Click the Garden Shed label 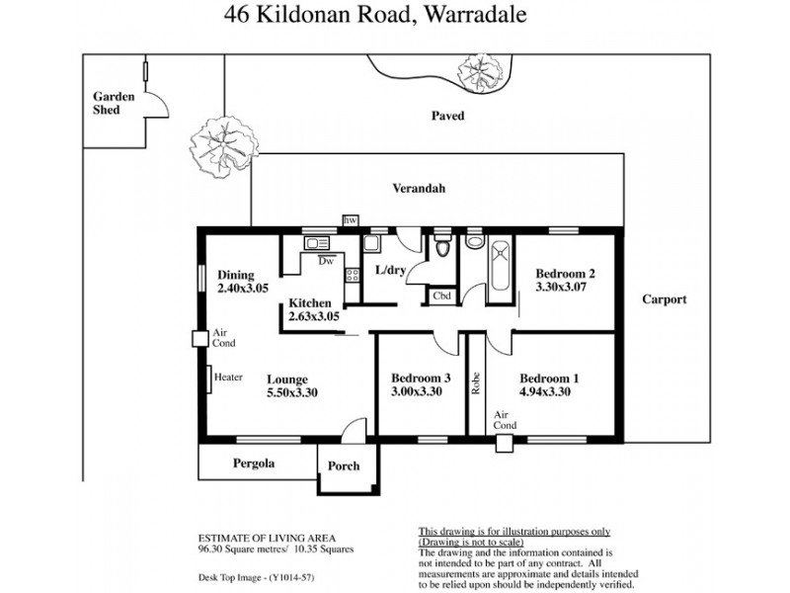click(x=107, y=104)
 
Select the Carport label click(x=664, y=299)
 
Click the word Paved click(x=446, y=116)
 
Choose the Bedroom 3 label click(x=421, y=378)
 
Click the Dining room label click(x=236, y=275)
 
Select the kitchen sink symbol click(x=316, y=243)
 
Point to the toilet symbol click(x=441, y=246)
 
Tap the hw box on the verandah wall click(x=350, y=220)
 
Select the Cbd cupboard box click(x=441, y=296)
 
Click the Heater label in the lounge click(x=228, y=377)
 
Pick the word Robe click(x=476, y=381)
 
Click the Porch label click(x=344, y=466)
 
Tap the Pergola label click(x=254, y=463)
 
